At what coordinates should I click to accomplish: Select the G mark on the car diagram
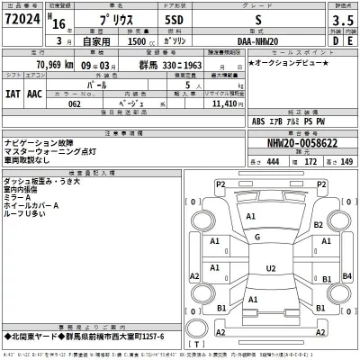pos(257,238)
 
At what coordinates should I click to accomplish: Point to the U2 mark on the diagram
pos(270,268)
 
